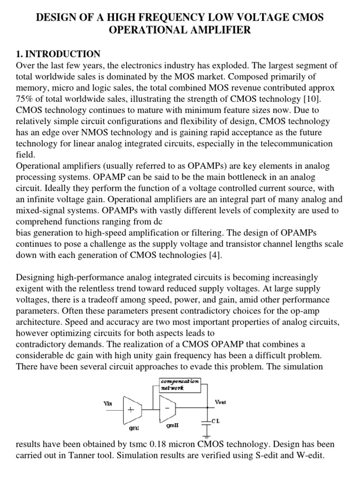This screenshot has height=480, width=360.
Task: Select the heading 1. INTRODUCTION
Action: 58,54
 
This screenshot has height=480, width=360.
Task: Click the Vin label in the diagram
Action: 108,403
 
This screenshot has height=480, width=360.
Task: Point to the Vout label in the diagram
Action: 220,402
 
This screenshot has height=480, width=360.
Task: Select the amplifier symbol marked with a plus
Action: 132,409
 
